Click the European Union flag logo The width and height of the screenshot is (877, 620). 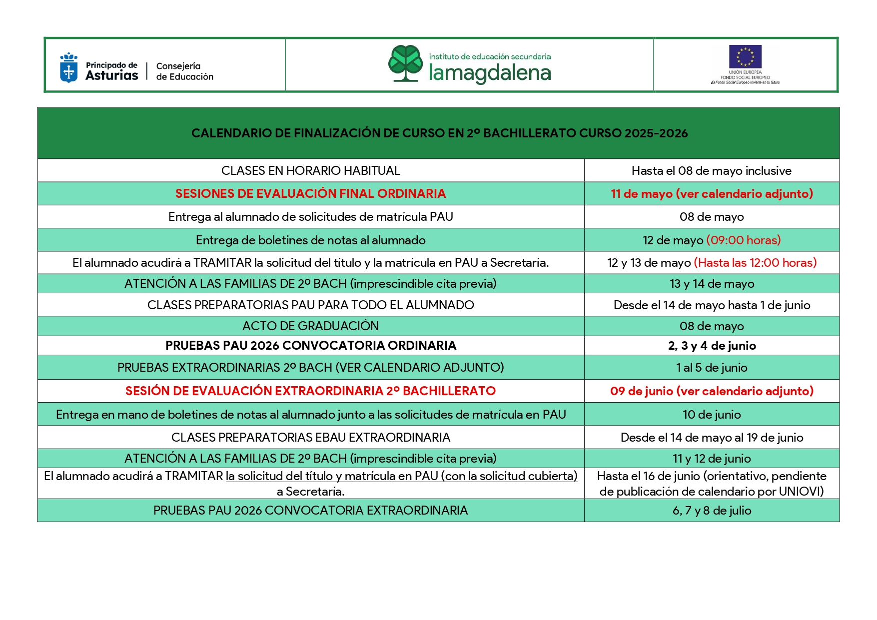click(745, 56)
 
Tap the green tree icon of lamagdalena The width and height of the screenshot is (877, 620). click(406, 63)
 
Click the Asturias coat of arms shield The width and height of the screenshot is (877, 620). click(68, 68)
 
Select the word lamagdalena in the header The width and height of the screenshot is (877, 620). click(490, 73)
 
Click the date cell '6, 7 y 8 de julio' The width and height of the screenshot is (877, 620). click(712, 511)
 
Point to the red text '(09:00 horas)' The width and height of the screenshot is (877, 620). click(743, 240)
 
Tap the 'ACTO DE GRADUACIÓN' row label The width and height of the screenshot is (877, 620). click(310, 326)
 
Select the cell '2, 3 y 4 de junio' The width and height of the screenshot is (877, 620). click(712, 346)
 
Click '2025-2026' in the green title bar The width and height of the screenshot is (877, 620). click(656, 133)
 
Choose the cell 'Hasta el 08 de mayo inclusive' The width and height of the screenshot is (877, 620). click(711, 171)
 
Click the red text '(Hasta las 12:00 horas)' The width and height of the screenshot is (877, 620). click(755, 263)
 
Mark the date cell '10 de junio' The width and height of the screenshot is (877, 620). click(712, 415)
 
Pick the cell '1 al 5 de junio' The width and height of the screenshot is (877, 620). click(712, 368)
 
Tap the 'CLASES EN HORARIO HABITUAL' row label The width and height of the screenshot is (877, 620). click(310, 171)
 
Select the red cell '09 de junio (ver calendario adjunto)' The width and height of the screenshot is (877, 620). click(712, 391)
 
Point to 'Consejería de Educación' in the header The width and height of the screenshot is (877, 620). click(184, 71)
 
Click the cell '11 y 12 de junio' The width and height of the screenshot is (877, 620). click(712, 459)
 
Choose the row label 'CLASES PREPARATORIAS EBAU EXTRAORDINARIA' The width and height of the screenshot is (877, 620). click(310, 438)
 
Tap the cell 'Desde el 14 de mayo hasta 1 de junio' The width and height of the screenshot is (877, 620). click(712, 305)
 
